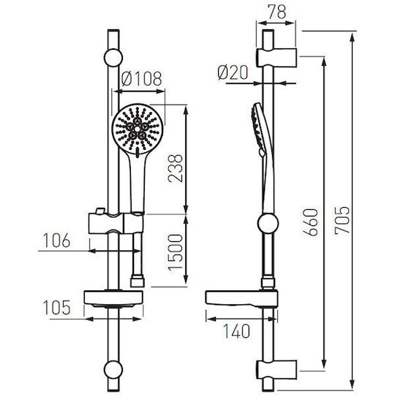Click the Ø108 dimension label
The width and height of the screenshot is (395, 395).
[141, 78]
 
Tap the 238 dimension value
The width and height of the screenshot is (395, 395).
[176, 168]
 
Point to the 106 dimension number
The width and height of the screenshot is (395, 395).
[56, 241]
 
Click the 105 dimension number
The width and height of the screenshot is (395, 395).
[56, 307]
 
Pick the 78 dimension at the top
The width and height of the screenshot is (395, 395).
[276, 12]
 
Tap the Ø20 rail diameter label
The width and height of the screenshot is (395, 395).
[233, 73]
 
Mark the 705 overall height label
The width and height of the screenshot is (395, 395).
[342, 221]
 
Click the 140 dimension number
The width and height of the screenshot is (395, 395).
[237, 331]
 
